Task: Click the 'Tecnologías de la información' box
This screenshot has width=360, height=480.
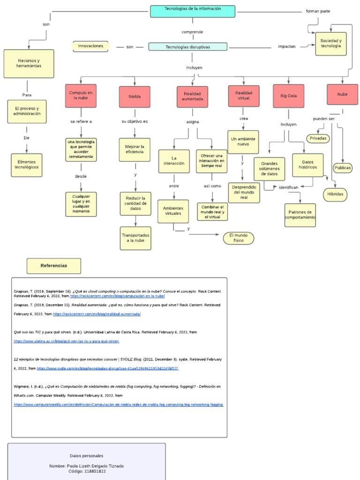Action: click(193, 11)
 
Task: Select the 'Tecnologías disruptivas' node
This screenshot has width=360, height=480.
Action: click(187, 47)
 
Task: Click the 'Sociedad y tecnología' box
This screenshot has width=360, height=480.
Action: click(330, 44)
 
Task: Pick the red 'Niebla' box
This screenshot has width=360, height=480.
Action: click(135, 97)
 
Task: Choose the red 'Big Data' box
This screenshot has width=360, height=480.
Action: click(288, 96)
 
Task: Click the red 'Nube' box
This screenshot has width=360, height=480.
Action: click(342, 95)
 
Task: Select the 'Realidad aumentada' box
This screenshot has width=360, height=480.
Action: click(193, 97)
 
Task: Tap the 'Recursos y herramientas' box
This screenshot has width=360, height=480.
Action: click(29, 63)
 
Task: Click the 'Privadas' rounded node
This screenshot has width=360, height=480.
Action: click(318, 138)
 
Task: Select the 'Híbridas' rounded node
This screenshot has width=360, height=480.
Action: click(335, 194)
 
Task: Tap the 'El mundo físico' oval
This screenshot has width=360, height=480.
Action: click(238, 238)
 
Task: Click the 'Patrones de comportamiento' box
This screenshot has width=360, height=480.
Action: click(300, 215)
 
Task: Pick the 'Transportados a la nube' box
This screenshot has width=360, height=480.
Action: click(135, 238)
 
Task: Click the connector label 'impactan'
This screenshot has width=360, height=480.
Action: click(286, 47)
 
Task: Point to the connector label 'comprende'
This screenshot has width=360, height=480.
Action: click(192, 32)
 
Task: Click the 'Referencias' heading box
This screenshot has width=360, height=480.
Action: click(53, 266)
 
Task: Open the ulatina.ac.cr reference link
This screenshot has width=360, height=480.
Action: click(66, 342)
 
